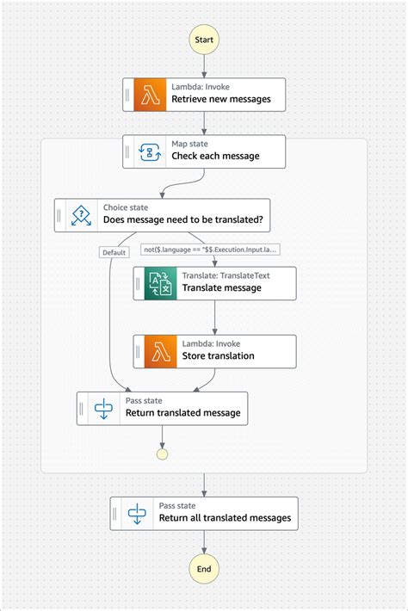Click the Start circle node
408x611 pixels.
[204, 40]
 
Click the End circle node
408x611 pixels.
[204, 569]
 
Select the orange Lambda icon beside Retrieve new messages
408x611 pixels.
[151, 94]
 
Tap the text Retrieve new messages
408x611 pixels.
[221, 100]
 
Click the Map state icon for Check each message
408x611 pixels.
[151, 151]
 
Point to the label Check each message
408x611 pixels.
[215, 157]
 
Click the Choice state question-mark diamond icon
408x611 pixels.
[82, 214]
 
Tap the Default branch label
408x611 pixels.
[114, 252]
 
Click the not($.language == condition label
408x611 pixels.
[210, 250]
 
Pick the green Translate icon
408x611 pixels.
[161, 283]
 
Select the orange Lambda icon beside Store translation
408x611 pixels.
[161, 351]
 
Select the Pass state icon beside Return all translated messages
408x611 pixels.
[138, 513]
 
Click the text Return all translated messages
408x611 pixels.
[225, 519]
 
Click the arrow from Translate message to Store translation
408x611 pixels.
[215, 318]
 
